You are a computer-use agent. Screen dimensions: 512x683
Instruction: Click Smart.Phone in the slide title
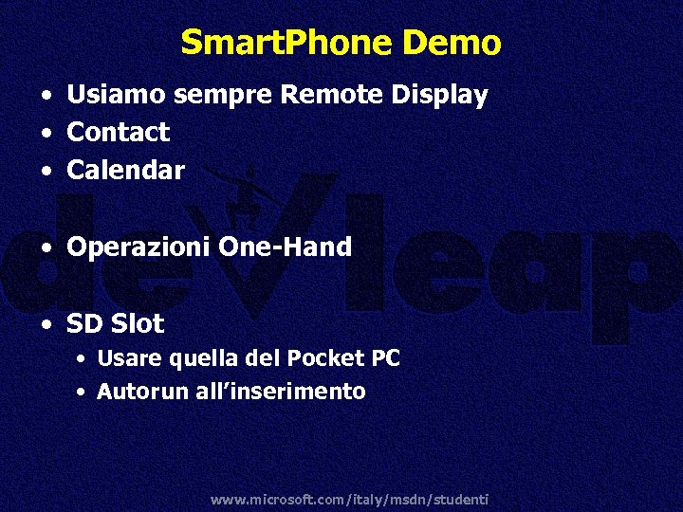(286, 43)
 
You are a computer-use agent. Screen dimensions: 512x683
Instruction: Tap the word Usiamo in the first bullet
(118, 95)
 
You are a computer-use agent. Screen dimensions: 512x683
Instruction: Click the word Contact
(118, 132)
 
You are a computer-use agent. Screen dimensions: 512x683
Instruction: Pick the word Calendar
(125, 170)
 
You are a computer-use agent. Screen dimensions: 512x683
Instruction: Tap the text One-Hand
(286, 247)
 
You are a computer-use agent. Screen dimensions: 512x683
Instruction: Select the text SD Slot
(115, 323)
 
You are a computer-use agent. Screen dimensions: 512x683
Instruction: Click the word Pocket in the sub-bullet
(334, 358)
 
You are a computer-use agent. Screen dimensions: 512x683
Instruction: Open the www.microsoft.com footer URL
(348, 499)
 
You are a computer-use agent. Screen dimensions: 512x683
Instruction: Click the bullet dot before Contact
(46, 133)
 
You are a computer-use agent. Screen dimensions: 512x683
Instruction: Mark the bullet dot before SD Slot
(46, 324)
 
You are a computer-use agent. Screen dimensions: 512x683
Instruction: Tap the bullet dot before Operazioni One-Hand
(46, 248)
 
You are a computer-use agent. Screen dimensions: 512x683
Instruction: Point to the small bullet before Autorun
(83, 392)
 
